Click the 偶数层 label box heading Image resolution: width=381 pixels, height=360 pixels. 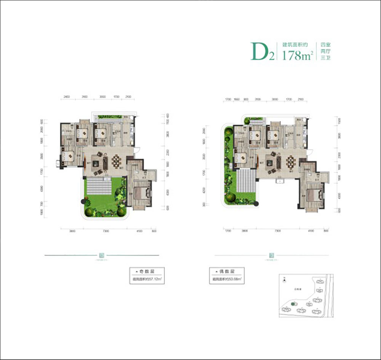(226, 272)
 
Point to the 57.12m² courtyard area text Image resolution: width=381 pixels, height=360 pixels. (147, 279)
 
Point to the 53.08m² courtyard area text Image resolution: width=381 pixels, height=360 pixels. (226, 279)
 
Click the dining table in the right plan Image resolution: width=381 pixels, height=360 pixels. (291, 161)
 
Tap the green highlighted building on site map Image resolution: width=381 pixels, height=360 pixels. (293, 304)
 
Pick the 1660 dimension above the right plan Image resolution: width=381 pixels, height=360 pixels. (237, 100)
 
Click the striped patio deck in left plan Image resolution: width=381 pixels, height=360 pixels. (99, 188)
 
